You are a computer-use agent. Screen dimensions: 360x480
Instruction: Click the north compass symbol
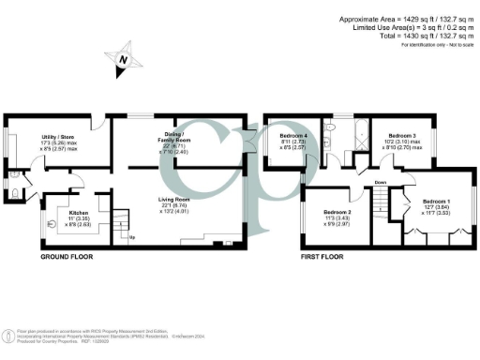(x=124, y=60)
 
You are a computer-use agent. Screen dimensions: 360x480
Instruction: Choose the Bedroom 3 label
(x=402, y=137)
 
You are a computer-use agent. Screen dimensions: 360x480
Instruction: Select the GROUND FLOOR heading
(x=67, y=256)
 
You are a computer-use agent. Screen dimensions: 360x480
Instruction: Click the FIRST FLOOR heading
(x=325, y=256)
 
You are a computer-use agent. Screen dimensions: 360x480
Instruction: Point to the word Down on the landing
(x=380, y=182)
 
